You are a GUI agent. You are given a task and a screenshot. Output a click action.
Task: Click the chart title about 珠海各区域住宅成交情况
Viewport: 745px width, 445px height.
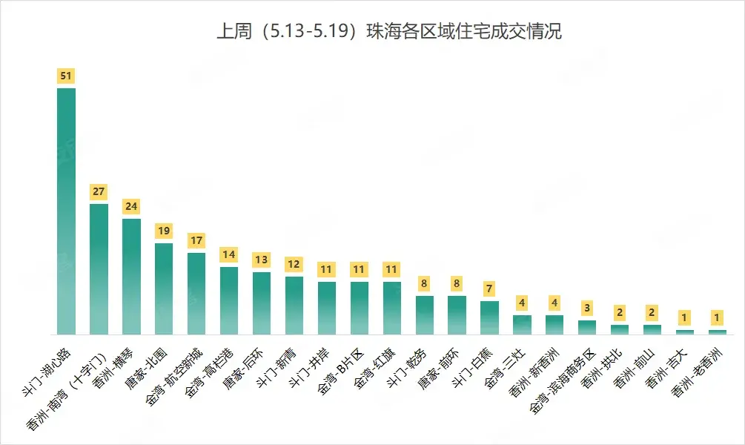[388, 33]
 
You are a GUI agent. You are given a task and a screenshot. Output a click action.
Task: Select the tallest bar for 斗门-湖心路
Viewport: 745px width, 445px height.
[67, 211]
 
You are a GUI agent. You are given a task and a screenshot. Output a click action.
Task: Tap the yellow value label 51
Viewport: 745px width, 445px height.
[67, 76]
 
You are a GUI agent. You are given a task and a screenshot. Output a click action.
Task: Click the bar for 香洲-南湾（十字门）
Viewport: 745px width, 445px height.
[99, 268]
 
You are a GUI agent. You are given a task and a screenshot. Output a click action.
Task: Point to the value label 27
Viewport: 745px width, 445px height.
[99, 191]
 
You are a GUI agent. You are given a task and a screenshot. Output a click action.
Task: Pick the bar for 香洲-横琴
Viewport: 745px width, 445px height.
[131, 276]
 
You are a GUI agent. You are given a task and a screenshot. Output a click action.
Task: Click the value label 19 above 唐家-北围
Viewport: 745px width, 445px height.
[164, 231]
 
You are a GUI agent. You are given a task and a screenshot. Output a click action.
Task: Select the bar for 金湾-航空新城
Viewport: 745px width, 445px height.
[196, 293]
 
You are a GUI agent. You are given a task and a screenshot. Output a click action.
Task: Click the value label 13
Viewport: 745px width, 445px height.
[262, 260]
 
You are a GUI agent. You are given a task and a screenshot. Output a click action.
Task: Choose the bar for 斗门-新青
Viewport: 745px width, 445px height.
[294, 305]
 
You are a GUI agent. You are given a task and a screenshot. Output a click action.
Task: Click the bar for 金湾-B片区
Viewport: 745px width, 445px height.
[360, 308]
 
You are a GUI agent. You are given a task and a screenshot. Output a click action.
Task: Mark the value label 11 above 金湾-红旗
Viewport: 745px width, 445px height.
[392, 269]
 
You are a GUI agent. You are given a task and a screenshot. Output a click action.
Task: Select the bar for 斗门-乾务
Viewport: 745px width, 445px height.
[425, 314]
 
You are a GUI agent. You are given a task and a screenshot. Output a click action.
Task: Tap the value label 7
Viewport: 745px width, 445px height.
[489, 289]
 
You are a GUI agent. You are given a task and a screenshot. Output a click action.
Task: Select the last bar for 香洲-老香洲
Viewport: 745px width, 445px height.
[718, 332]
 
